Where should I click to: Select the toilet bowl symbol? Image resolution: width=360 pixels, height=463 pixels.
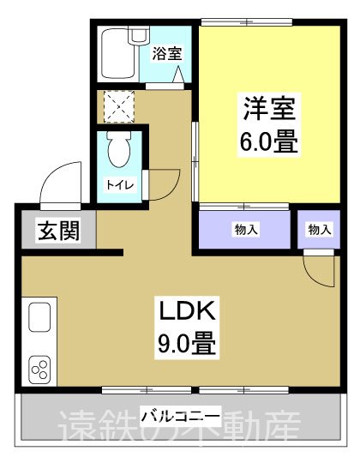(120, 153)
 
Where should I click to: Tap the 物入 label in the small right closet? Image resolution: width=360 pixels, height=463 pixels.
(320, 229)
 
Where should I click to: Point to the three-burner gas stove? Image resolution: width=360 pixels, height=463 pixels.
(41, 370)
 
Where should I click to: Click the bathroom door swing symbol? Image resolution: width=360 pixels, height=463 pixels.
(181, 76)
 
